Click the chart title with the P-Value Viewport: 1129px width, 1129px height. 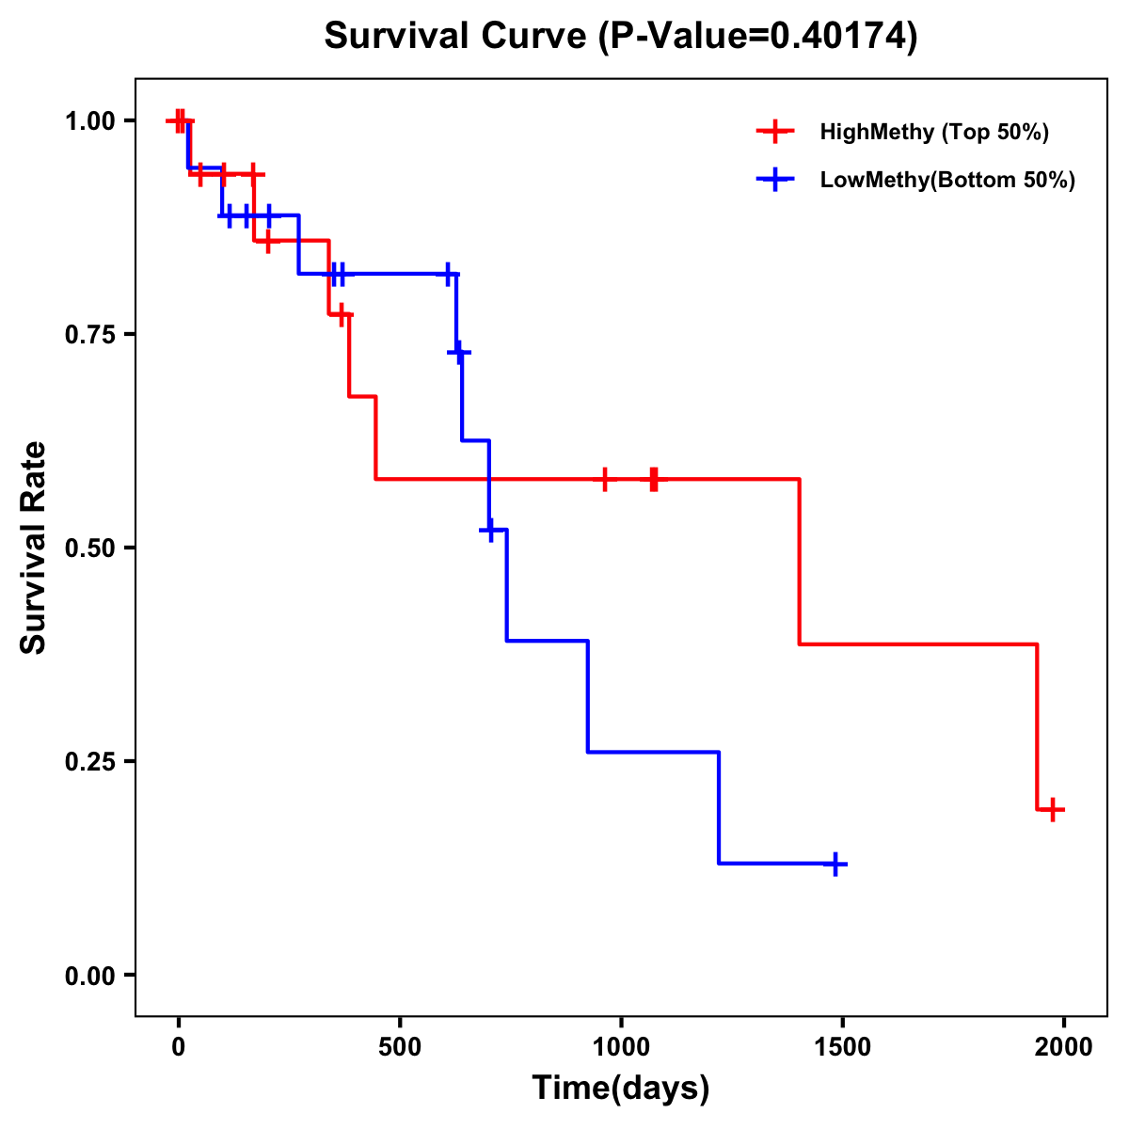point(621,36)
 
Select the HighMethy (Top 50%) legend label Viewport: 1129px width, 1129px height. point(934,132)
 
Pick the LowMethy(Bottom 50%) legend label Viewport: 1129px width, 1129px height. point(947,180)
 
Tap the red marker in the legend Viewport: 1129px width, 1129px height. point(775,132)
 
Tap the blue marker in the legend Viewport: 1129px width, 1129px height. point(775,180)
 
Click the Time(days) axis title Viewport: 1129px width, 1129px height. point(621,1089)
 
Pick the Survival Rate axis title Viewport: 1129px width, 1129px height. point(34,548)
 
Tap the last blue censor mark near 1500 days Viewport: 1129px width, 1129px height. point(835,864)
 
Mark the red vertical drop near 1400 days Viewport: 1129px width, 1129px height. point(800,562)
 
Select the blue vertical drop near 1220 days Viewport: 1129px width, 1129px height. point(719,807)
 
